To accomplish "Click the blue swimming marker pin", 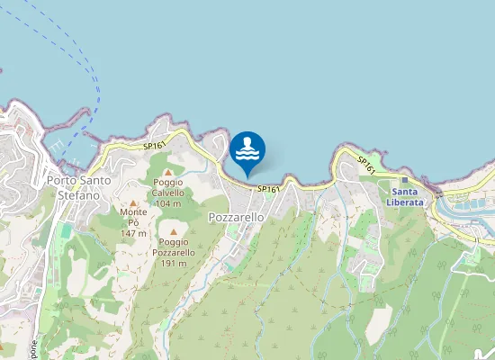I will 247,151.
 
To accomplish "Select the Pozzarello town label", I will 236,218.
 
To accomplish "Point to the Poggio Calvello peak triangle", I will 167,172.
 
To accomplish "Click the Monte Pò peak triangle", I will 133,203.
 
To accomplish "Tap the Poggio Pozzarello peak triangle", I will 174,232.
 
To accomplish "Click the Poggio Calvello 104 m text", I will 167,197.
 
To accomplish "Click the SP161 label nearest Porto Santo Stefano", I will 154,145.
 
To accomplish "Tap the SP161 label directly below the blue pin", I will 268,189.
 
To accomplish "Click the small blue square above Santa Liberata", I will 404,180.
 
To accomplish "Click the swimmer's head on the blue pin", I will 247,141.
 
